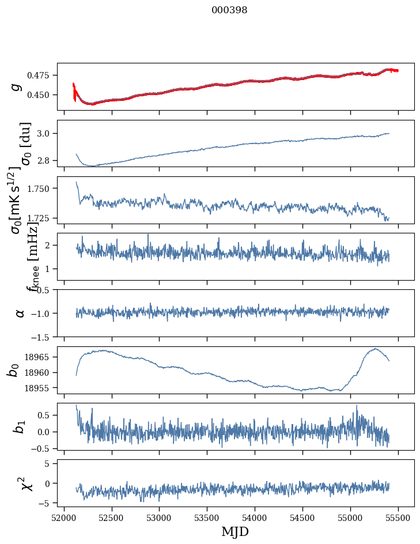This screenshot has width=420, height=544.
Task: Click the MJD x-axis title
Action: coord(235,532)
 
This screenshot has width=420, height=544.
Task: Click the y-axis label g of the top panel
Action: coord(17,86)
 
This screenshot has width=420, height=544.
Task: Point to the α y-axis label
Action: coord(20,313)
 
